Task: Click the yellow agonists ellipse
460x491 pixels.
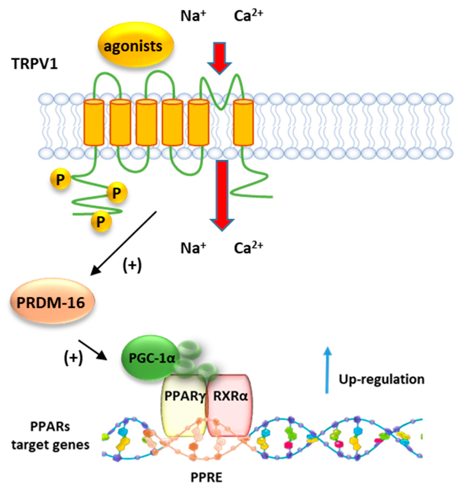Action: pyautogui.click(x=135, y=45)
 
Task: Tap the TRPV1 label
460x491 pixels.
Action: pyautogui.click(x=35, y=64)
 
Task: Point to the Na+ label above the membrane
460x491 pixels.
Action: pyautogui.click(x=193, y=16)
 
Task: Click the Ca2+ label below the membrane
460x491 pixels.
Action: pyautogui.click(x=248, y=247)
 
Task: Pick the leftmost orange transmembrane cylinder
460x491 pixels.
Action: pyautogui.click(x=94, y=123)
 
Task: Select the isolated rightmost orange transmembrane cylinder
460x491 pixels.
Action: pyautogui.click(x=243, y=123)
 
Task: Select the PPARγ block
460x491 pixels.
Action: pyautogui.click(x=184, y=404)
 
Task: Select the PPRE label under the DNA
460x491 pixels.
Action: pyautogui.click(x=206, y=477)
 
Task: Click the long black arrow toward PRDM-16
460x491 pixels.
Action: pyautogui.click(x=123, y=243)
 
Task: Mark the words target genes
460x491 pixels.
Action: pyautogui.click(x=50, y=445)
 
